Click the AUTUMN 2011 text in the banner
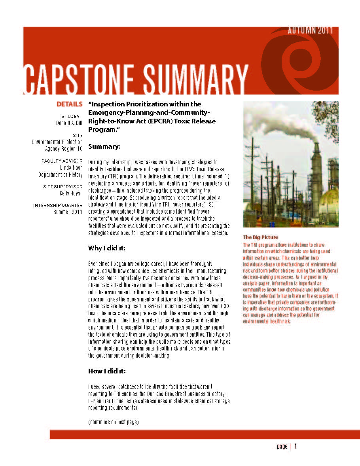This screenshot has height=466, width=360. tap(310, 30)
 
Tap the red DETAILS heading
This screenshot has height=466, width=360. tap(69, 104)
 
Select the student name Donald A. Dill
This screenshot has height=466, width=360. tap(69, 123)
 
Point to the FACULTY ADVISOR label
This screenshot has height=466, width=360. tap(62, 161)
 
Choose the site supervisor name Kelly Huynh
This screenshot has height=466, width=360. tap(71, 193)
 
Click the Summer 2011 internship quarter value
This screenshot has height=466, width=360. tap(68, 212)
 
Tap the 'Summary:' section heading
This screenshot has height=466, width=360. tap(104, 147)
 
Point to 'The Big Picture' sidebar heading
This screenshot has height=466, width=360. tap(260, 237)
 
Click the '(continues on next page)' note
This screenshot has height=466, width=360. tap(113, 422)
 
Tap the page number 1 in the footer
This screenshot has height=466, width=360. tap(295, 447)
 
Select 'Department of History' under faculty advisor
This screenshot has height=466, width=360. tap(61, 175)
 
